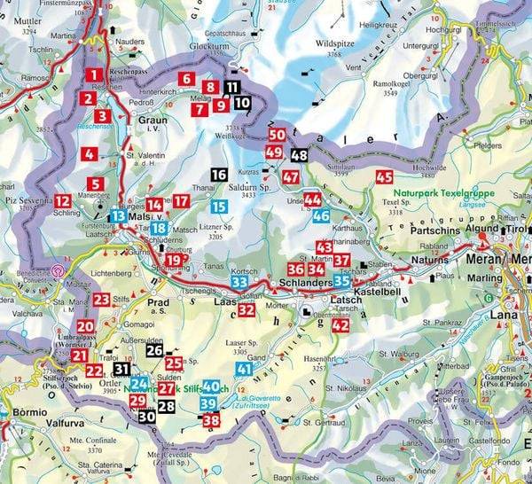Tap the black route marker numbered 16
point(219,176)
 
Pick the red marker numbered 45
point(383,176)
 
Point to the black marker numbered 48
point(300,155)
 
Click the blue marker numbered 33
point(239,282)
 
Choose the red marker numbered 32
point(246,310)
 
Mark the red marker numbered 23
point(101,301)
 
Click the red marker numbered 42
point(340,325)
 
